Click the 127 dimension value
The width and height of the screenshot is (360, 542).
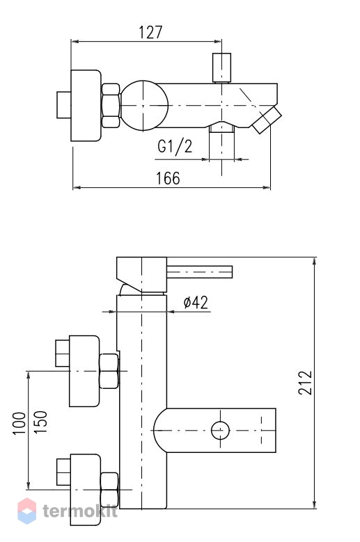pyautogui.click(x=150, y=32)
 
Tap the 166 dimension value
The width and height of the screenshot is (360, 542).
pyautogui.click(x=168, y=178)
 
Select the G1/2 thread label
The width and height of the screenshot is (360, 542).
pyautogui.click(x=175, y=146)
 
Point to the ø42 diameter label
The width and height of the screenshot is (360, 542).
pyautogui.click(x=196, y=303)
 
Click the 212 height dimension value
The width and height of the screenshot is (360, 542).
pyautogui.click(x=306, y=383)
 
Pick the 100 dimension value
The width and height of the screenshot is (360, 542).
pyautogui.click(x=19, y=423)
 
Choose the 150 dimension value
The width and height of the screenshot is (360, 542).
pyautogui.click(x=40, y=422)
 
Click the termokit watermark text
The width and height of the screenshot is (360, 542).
pyautogui.click(x=80, y=511)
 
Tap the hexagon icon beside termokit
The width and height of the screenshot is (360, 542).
pyautogui.click(x=27, y=511)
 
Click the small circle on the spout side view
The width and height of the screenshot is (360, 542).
pyautogui.click(x=220, y=431)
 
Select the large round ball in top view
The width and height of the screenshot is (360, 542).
pyautogui.click(x=144, y=106)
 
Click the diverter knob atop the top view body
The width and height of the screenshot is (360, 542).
pyautogui.click(x=221, y=67)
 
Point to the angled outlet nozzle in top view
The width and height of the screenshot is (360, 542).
pyautogui.click(x=267, y=120)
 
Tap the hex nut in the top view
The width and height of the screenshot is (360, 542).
pyautogui.click(x=111, y=106)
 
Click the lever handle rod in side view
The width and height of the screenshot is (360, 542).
pyautogui.click(x=200, y=271)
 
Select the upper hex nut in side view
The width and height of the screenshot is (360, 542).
pyautogui.click(x=109, y=372)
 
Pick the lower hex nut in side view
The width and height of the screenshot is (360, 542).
pyautogui.click(x=109, y=490)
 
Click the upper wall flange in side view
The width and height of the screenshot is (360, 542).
pyautogui.click(x=84, y=371)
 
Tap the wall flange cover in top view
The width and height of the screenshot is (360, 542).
pyautogui.click(x=86, y=106)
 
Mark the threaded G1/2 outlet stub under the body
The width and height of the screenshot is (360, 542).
pyautogui.click(x=221, y=128)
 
